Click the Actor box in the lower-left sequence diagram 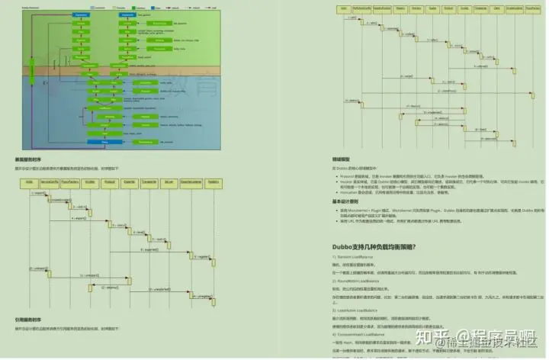pyautogui.click(x=29, y=182)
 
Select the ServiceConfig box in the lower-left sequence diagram pyautogui.click(x=50, y=182)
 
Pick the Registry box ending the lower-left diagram pyautogui.click(x=213, y=182)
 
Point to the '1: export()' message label pyautogui.click(x=39, y=194)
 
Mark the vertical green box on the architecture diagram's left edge pyautogui.click(x=33, y=72)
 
